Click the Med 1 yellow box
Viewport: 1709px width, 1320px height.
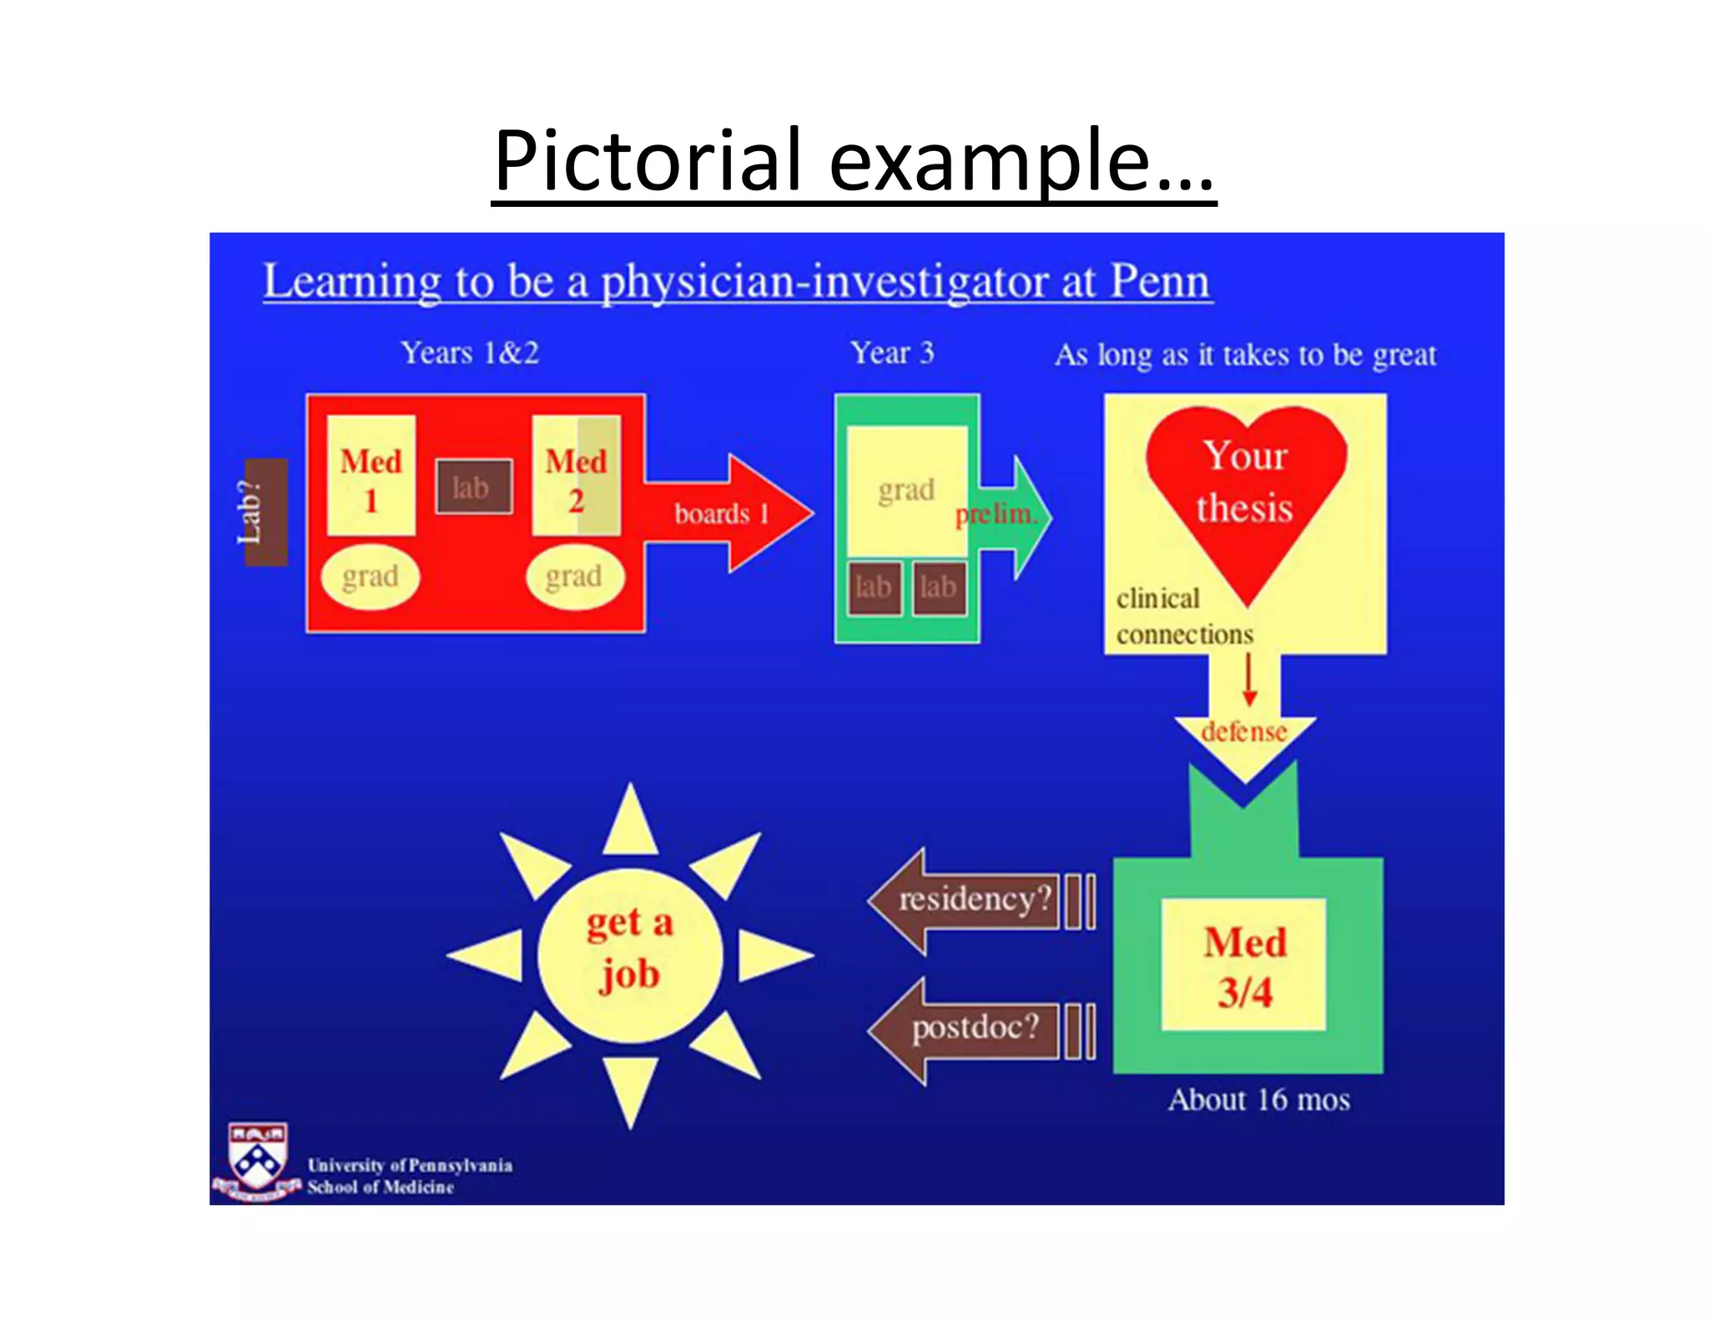point(371,476)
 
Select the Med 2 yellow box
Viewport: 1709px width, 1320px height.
point(576,476)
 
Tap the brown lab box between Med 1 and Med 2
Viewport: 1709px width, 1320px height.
point(474,487)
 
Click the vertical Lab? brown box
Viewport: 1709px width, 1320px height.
point(265,511)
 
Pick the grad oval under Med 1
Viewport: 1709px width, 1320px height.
point(371,576)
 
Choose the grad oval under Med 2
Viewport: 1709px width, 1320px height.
point(575,576)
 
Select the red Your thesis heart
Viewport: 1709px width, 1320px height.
point(1245,492)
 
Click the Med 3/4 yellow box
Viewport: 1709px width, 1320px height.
point(1244,966)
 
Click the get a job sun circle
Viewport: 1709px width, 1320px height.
point(629,955)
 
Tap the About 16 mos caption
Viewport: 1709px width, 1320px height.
point(1258,1100)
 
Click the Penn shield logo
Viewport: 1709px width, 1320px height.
point(257,1158)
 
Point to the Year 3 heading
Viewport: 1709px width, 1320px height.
point(892,353)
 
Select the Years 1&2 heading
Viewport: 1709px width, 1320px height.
point(470,353)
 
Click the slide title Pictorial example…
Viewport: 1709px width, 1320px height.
point(853,160)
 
